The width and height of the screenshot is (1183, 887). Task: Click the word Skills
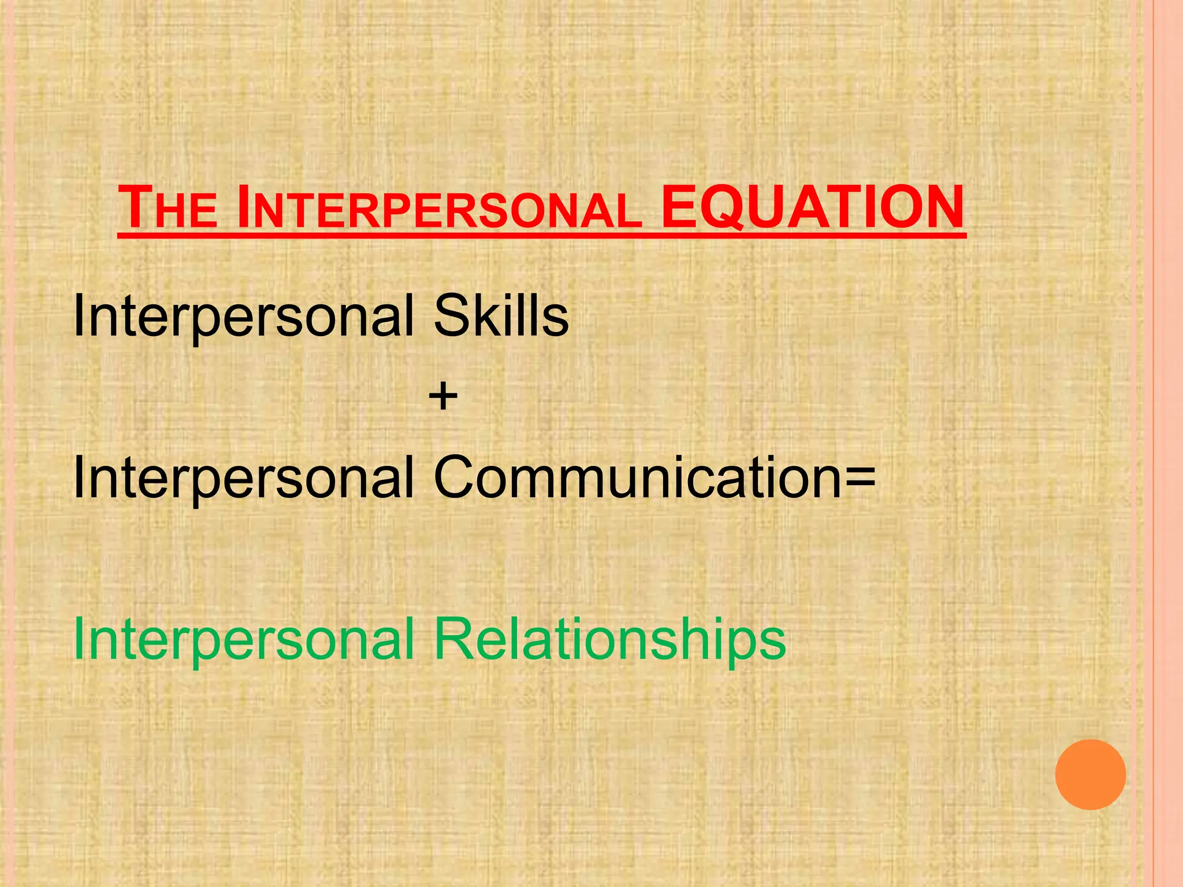(501, 316)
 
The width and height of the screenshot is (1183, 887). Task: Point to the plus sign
(443, 397)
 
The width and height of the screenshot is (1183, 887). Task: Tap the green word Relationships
(609, 639)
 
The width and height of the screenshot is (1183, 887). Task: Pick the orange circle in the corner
(1090, 774)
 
